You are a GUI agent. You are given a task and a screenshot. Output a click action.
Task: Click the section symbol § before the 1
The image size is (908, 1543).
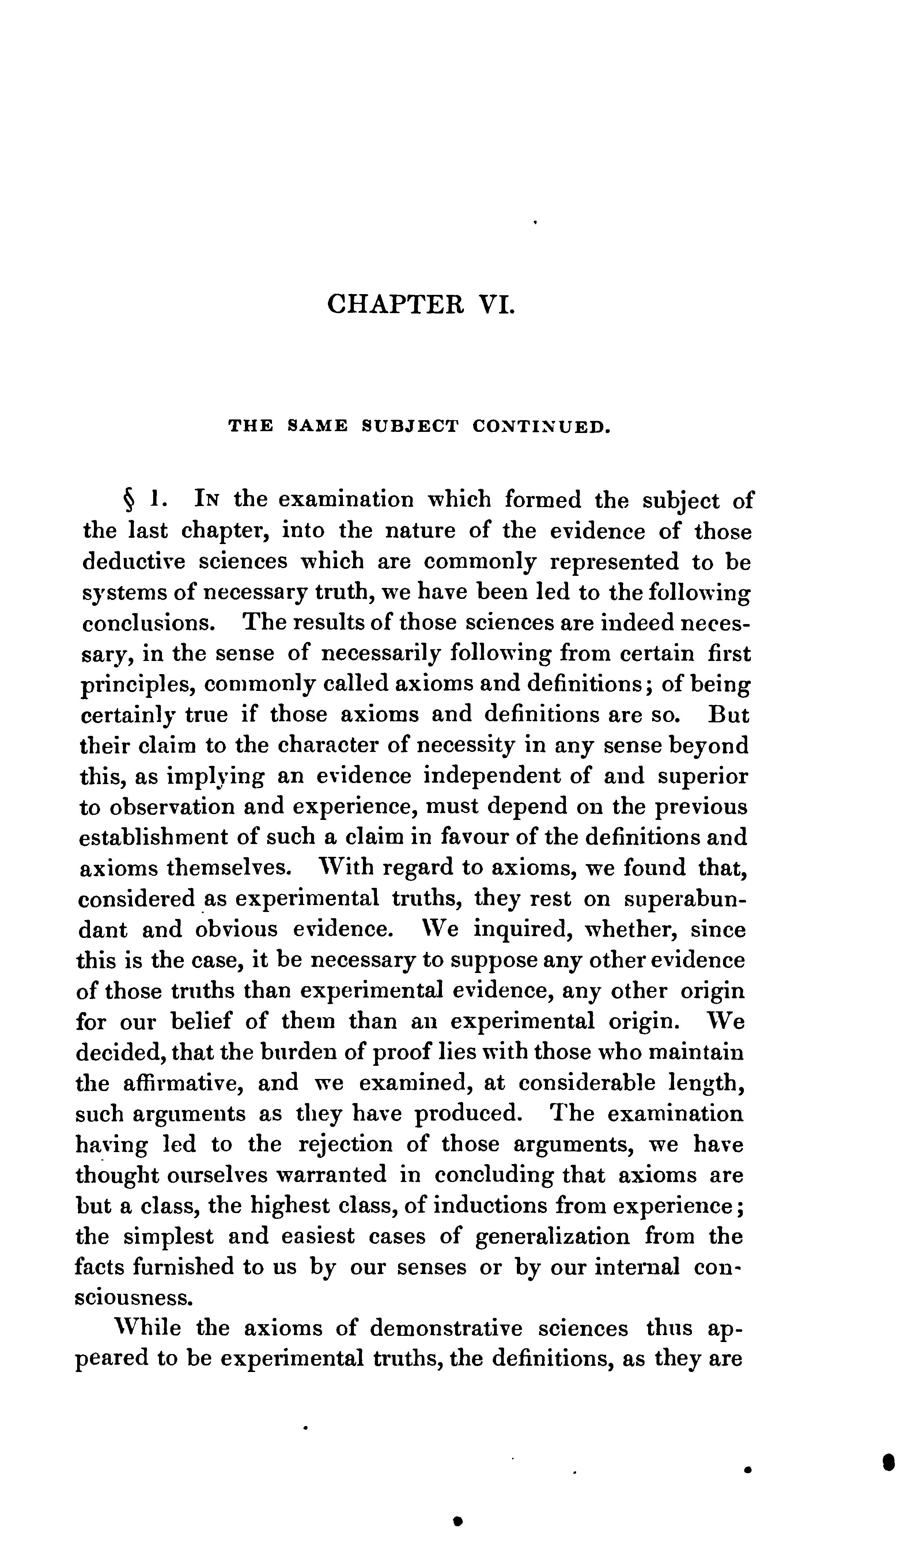tap(129, 501)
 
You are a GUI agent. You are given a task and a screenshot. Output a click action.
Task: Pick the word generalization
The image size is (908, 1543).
tap(552, 1236)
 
